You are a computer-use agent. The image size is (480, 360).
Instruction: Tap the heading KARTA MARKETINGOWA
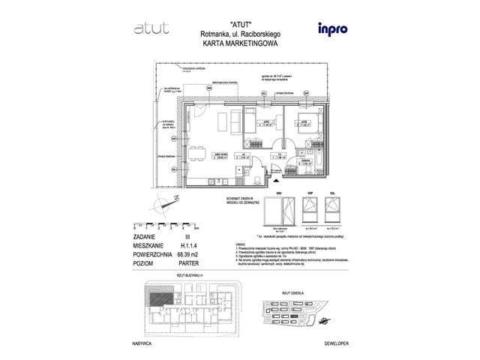click(240, 43)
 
